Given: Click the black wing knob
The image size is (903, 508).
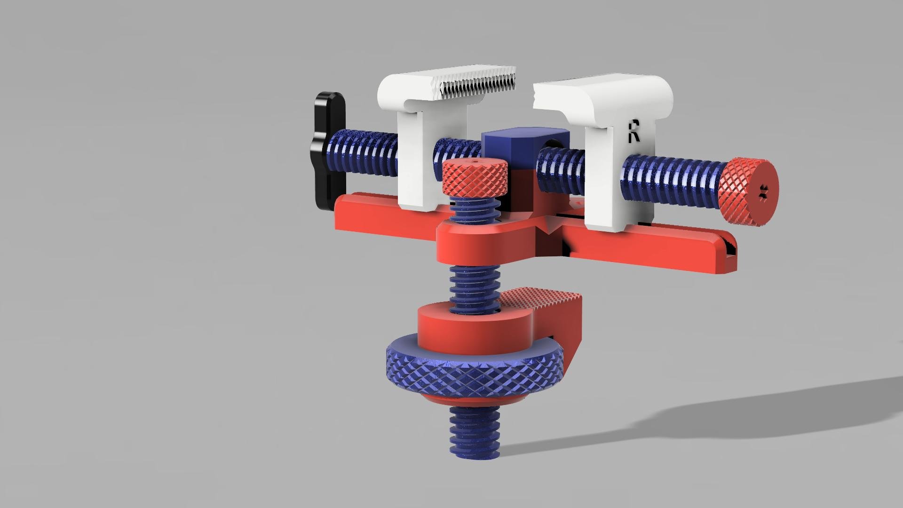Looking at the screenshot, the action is coord(329,151).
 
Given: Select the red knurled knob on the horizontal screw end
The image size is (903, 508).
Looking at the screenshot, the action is coord(748,193).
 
